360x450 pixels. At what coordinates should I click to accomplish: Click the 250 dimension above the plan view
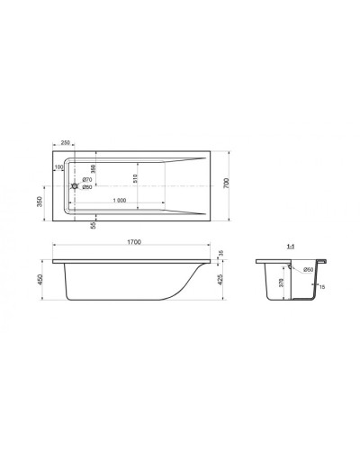point(66,141)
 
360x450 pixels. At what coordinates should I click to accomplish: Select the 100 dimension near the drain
point(59,166)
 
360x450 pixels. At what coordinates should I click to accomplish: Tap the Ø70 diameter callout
point(87,179)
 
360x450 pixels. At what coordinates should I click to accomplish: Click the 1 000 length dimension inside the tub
point(113,199)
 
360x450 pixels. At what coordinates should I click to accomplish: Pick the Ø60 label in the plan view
point(87,188)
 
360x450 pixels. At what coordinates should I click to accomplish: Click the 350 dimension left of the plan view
point(40,202)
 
